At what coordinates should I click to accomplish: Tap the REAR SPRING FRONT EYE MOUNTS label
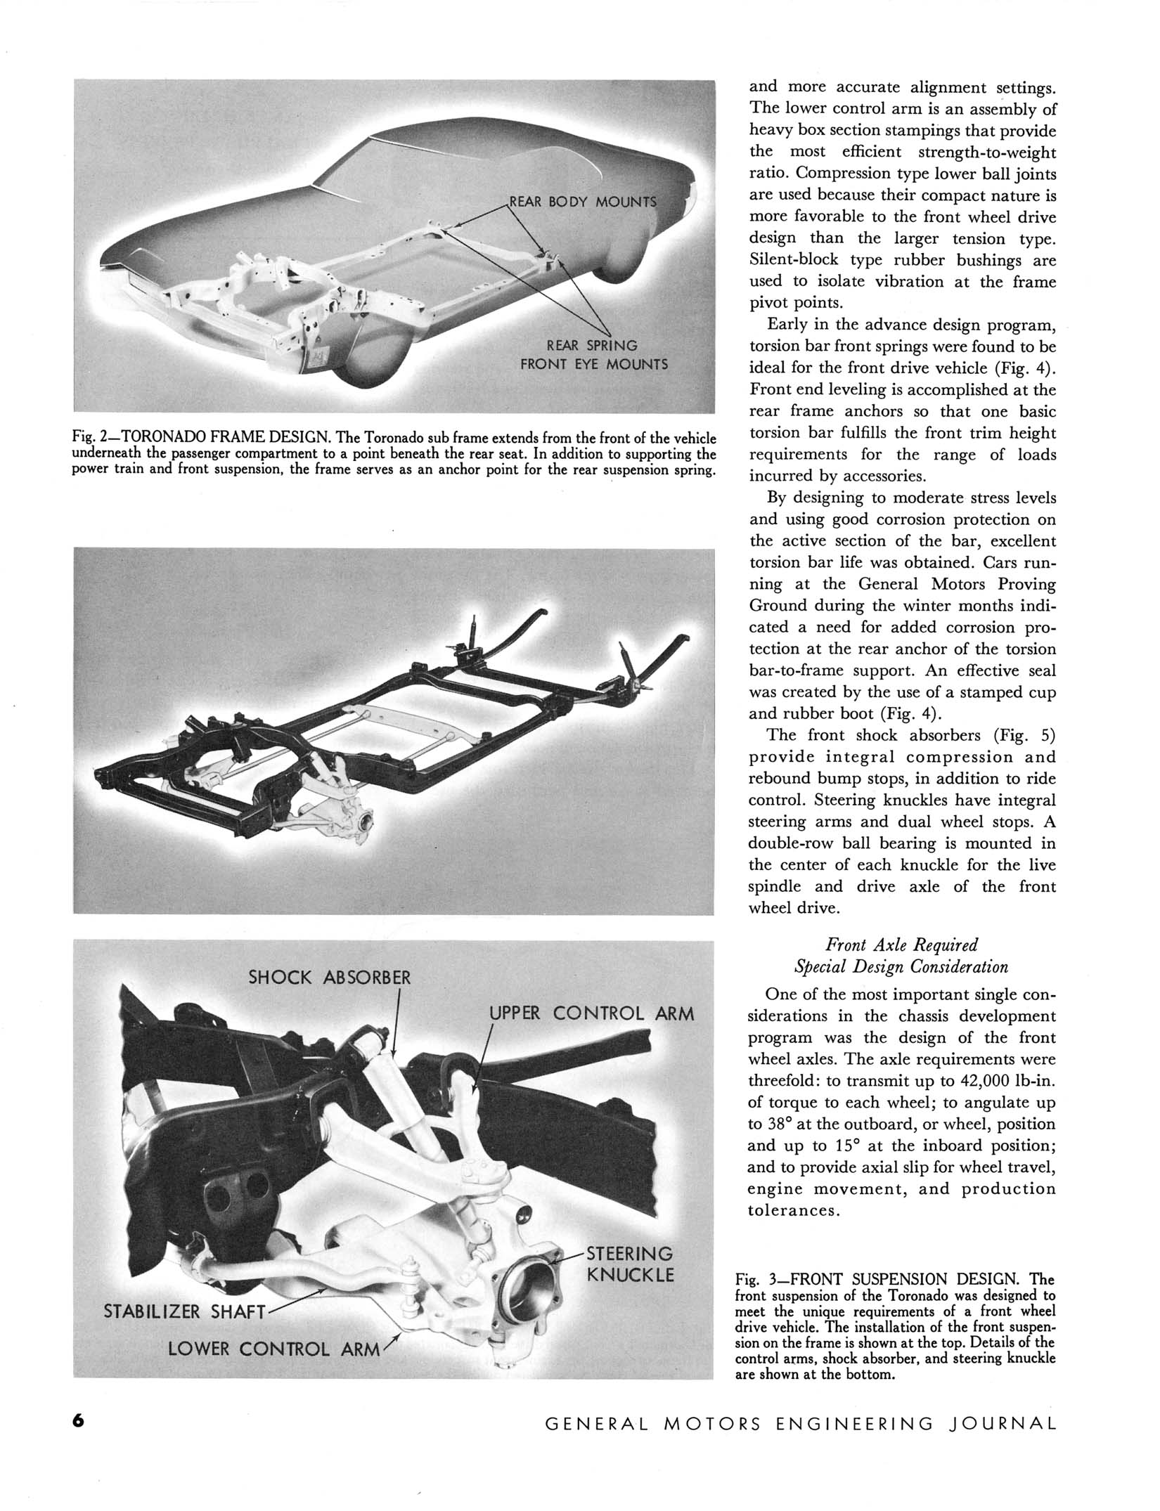point(593,355)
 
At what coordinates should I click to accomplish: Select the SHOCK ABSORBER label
point(329,977)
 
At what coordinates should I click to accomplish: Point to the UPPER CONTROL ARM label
point(591,1013)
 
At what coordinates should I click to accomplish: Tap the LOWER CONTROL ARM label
point(273,1349)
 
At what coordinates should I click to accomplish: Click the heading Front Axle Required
point(901,945)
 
